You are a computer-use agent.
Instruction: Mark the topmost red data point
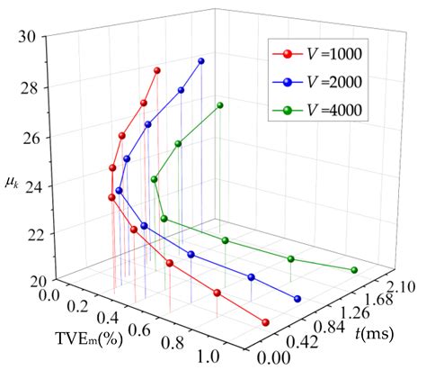(157, 70)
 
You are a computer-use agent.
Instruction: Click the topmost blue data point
(201, 61)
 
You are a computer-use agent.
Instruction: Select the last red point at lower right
(266, 322)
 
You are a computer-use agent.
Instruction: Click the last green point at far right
(354, 270)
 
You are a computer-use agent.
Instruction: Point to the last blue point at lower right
(297, 299)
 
